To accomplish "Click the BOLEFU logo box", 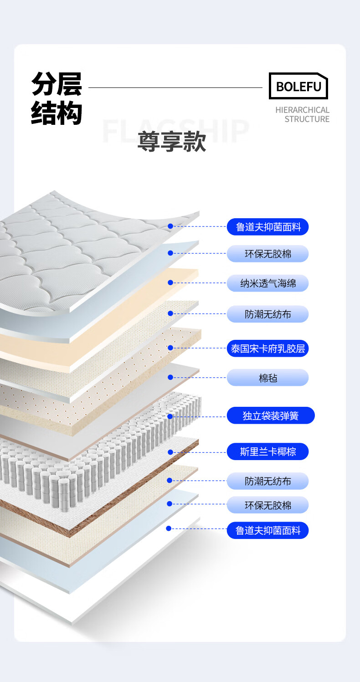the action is tap(298, 86).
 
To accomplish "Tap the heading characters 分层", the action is tap(57, 84).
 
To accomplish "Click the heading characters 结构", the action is tap(57, 113).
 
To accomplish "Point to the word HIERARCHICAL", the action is tap(302, 110).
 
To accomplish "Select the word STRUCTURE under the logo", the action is tap(307, 119).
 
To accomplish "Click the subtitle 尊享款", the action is tap(172, 141).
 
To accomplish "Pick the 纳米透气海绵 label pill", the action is tap(268, 283).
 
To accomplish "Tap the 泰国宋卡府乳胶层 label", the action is tap(268, 349).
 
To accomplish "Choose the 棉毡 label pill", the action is tap(268, 378).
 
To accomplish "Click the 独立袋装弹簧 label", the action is tap(271, 415).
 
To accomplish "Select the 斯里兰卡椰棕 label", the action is tap(268, 451).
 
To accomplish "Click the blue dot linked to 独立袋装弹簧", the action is tap(170, 416).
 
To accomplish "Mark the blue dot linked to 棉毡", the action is tap(170, 377).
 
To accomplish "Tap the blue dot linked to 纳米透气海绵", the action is tap(170, 282).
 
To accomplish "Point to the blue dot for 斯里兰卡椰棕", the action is tap(170, 452).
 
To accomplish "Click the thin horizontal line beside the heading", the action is tap(175, 87).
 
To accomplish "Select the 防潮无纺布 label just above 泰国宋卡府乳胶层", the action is tap(268, 314).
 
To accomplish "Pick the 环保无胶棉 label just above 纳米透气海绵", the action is tap(268, 254).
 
